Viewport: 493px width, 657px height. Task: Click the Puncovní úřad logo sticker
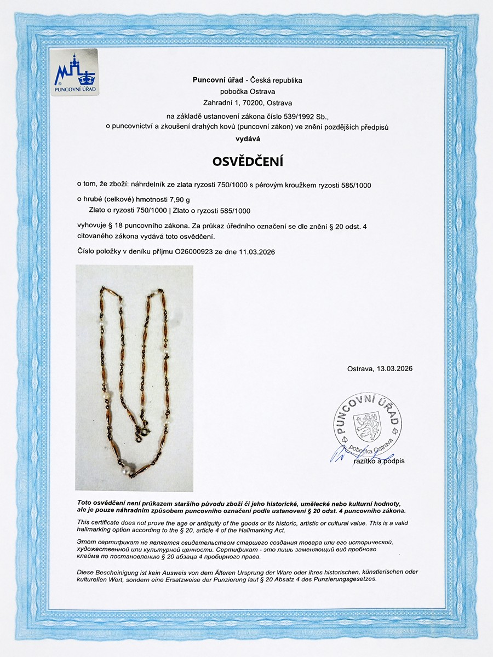pyautogui.click(x=74, y=72)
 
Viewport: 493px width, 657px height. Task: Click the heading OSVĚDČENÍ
pyautogui.click(x=246, y=163)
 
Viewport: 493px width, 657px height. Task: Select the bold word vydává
pyautogui.click(x=246, y=139)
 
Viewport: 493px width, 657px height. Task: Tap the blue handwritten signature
pyautogui.click(x=345, y=454)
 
